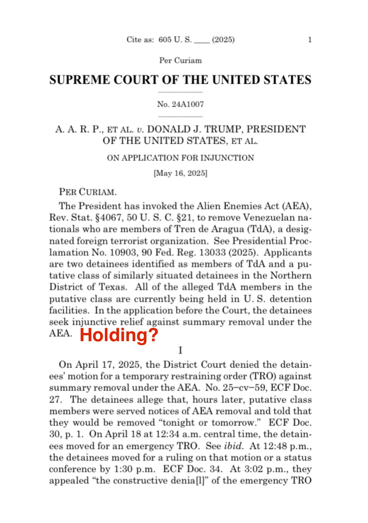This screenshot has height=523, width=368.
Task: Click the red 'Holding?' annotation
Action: pyautogui.click(x=119, y=335)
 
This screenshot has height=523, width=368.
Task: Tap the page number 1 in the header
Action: pyautogui.click(x=310, y=40)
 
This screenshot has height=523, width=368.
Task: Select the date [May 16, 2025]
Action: pyautogui.click(x=180, y=172)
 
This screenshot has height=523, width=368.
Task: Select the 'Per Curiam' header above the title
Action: pyautogui.click(x=180, y=60)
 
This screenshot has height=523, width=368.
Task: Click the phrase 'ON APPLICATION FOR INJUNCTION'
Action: pyautogui.click(x=180, y=158)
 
